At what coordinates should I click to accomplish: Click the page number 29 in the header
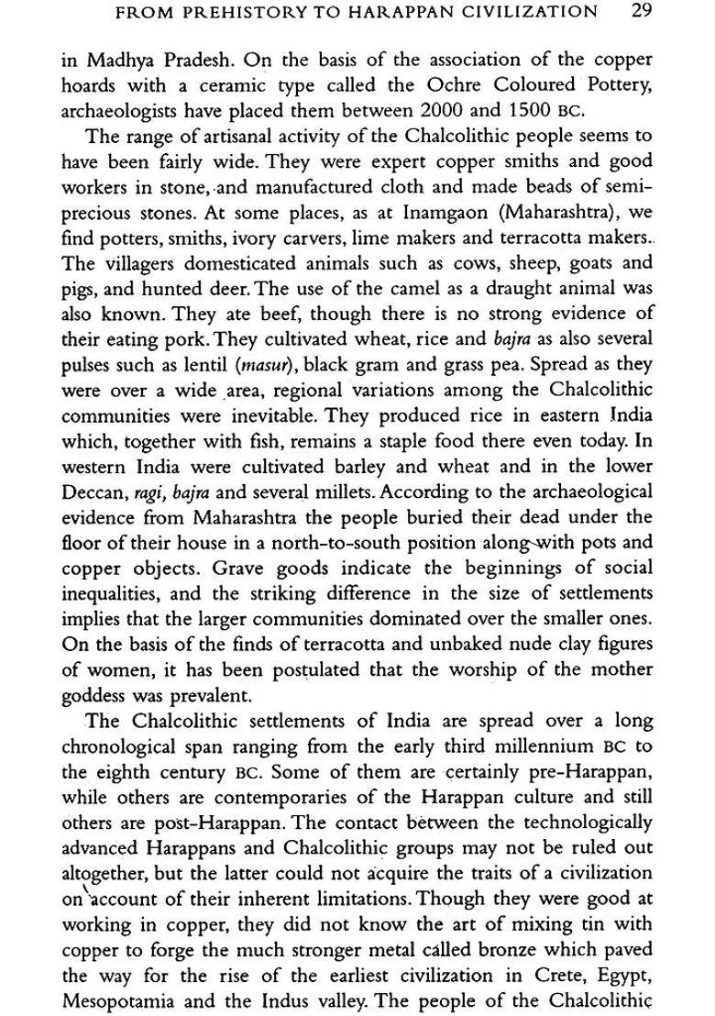tap(642, 13)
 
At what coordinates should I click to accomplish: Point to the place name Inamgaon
tap(410, 211)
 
